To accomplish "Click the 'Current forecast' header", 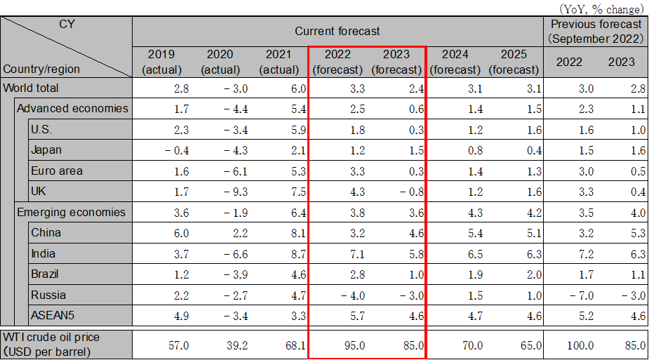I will (x=337, y=31).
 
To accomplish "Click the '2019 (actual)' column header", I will (x=161, y=62).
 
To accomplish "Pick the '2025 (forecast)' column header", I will (x=514, y=62).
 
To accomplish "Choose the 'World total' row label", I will (x=31, y=88).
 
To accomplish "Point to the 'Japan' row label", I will (x=46, y=150).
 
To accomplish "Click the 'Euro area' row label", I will (x=57, y=171).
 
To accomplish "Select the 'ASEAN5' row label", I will (x=51, y=315).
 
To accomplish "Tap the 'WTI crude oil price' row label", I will (x=51, y=338).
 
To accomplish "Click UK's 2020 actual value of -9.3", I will (x=232, y=192).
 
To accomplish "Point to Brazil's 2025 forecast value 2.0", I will (x=532, y=274).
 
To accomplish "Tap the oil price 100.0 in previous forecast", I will (x=580, y=345).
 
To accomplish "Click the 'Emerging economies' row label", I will (x=71, y=212).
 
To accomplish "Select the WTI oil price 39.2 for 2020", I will (x=236, y=345).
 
